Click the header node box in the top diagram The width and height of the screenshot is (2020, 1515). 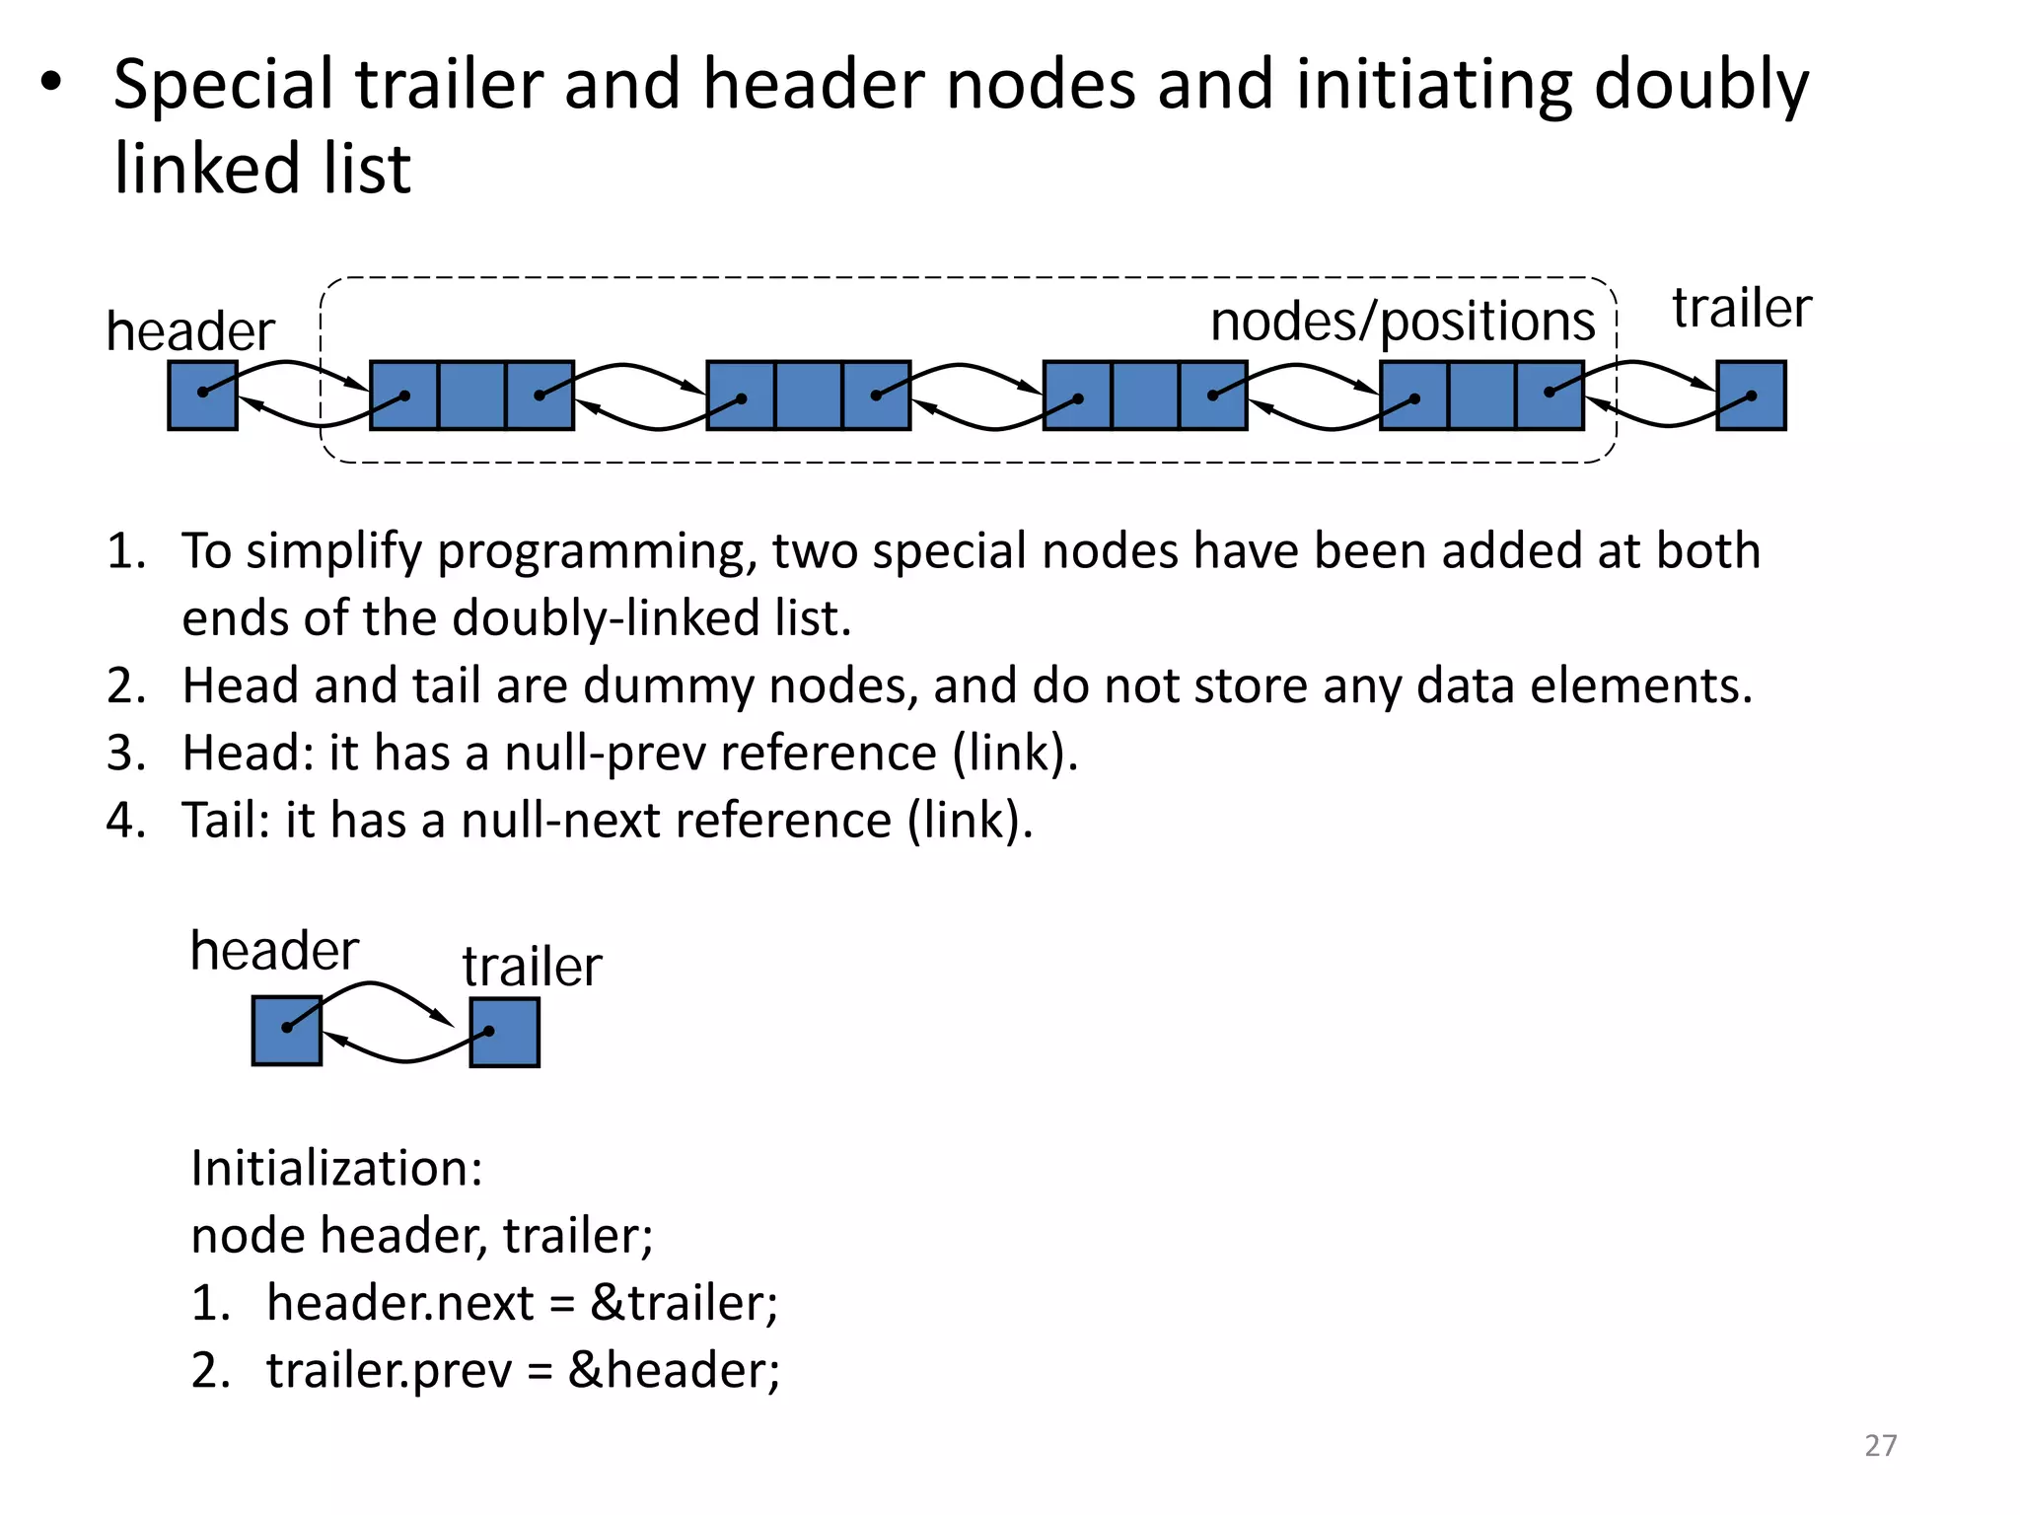pos(202,395)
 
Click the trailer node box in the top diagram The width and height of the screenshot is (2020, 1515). pos(1751,395)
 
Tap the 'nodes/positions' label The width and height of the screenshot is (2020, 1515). pos(1402,322)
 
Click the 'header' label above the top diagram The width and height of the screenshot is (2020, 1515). pos(189,331)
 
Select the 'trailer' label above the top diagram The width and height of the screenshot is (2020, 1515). pos(1741,308)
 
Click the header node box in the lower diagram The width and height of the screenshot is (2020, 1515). pos(286,1031)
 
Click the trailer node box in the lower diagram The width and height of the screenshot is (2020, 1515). pos(504,1033)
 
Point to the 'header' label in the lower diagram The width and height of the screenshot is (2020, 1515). pos(273,951)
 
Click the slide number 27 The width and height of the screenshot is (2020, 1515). pos(1880,1445)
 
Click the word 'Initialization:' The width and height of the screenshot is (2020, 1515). pos(336,1169)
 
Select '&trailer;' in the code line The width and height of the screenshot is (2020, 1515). pos(684,1303)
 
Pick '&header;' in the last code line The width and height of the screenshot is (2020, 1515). pos(674,1371)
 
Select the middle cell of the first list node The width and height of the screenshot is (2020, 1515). pos(471,395)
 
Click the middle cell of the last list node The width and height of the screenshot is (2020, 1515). pos(1481,395)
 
